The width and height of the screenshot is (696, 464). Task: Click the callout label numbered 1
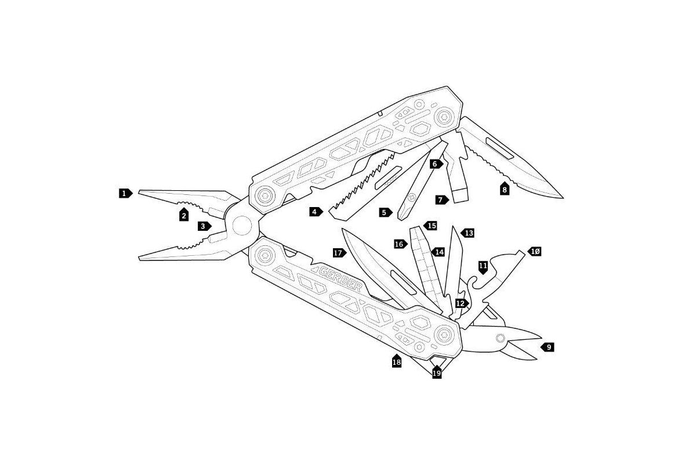(125, 193)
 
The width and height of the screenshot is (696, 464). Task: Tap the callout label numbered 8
(504, 188)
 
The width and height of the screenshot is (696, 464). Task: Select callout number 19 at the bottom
(437, 372)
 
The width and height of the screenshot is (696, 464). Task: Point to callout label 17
(339, 253)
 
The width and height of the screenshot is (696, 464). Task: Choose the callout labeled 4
(316, 212)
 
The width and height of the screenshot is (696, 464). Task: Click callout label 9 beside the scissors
(548, 347)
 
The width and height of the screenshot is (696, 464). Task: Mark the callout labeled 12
(462, 303)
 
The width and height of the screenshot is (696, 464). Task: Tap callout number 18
(397, 361)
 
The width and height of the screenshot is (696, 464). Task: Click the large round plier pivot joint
(242, 225)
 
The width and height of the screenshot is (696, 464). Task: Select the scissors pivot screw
(500, 338)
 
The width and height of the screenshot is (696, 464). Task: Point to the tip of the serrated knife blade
(562, 197)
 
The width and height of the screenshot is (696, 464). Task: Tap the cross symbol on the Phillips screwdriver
(412, 197)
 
